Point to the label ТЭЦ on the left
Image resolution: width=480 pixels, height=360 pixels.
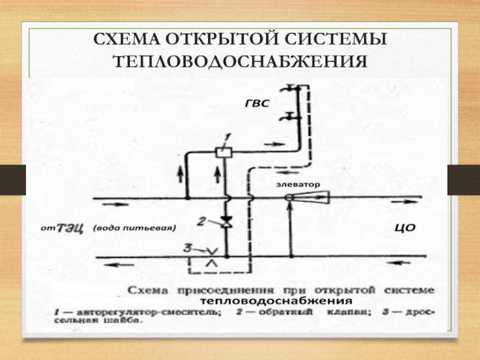pyautogui.click(x=70, y=229)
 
